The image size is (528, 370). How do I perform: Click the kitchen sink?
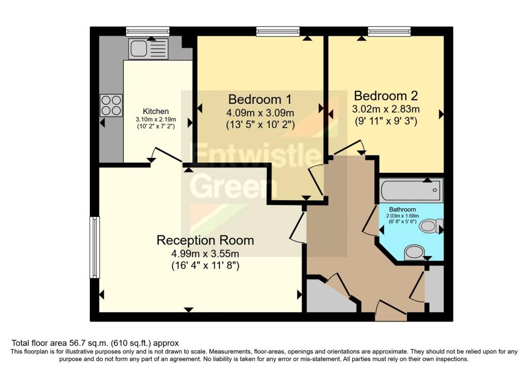(148, 49)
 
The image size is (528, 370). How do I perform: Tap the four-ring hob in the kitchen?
(111, 105)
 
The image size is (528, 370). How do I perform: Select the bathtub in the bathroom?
(411, 190)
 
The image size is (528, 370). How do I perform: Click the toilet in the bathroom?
(431, 226)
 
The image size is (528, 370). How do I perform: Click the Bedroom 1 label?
(260, 99)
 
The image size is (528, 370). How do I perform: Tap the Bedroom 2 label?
(386, 95)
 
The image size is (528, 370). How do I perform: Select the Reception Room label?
(205, 240)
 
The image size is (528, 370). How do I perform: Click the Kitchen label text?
(156, 111)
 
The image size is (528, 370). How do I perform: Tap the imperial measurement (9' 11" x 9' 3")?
(386, 122)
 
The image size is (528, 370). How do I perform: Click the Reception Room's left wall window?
(94, 247)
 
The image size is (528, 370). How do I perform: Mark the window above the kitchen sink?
(147, 31)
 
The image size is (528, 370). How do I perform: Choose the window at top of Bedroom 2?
(389, 31)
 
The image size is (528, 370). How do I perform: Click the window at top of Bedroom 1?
(277, 31)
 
